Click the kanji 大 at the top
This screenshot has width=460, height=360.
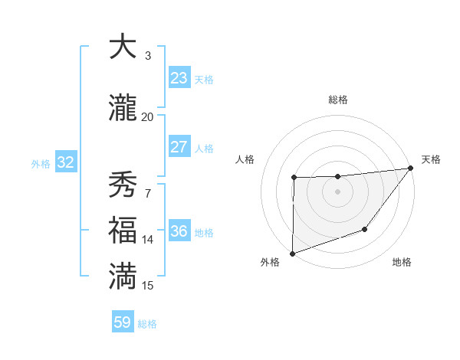coord(123,47)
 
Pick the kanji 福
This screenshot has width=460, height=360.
coord(123,231)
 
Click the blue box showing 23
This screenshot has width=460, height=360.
coord(179,78)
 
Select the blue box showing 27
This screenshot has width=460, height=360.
coord(179,147)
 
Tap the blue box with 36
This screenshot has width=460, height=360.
coord(179,231)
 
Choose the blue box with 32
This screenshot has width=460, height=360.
coord(65,162)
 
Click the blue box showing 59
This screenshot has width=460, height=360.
coord(123,322)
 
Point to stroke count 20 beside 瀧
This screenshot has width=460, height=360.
coord(147,116)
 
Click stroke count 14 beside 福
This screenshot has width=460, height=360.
coord(147,240)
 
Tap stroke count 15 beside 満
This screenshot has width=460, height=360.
coord(147,286)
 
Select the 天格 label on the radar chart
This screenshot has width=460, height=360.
coord(431,159)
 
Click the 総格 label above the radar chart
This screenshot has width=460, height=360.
coord(337,100)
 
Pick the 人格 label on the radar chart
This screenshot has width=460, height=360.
coord(245,159)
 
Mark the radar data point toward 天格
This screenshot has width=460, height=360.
coord(410,168)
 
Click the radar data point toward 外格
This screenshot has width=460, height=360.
coord(292,253)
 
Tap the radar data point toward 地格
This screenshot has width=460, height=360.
coord(366,229)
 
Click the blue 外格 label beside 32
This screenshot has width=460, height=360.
coord(41,163)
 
